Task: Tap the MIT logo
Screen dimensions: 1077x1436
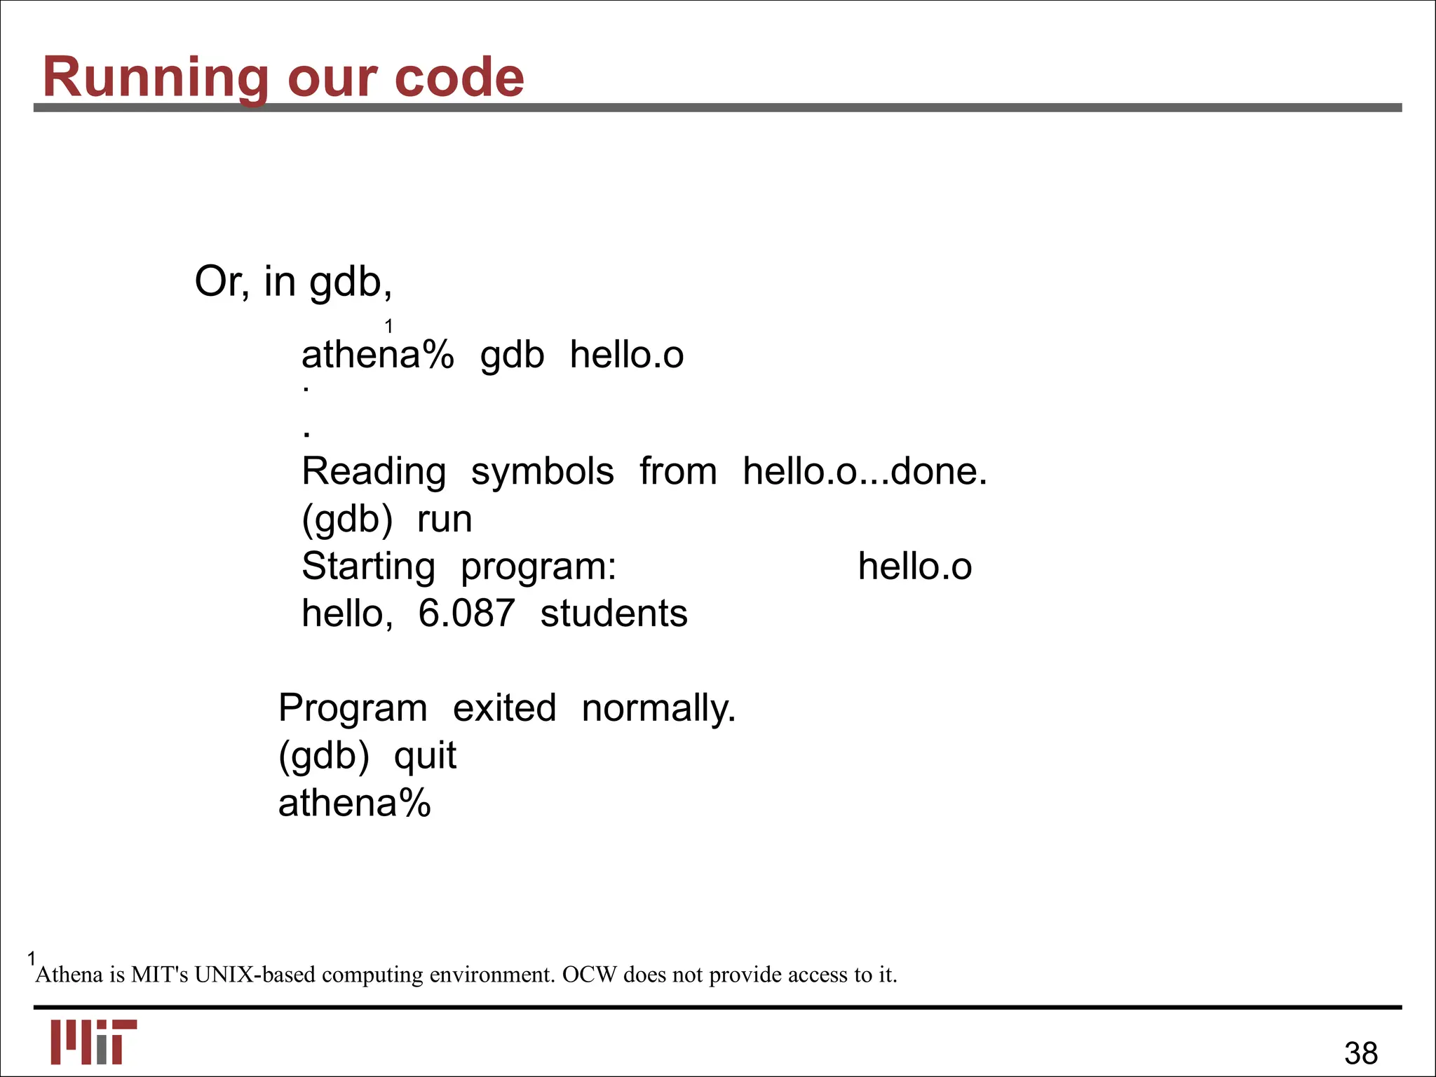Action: coord(93,1041)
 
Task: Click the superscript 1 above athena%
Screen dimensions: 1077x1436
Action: coord(388,326)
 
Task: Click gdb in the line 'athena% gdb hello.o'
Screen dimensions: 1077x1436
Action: coord(512,355)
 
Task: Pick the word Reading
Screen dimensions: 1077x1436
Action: coord(374,471)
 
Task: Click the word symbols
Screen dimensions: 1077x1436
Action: coord(542,471)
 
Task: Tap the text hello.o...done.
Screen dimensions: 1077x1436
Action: coord(865,471)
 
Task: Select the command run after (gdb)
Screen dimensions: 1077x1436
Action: coord(445,520)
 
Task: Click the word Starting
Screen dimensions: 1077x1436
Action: coord(368,567)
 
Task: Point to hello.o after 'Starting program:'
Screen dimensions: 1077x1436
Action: coord(914,567)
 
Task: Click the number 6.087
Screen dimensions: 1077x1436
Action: coord(466,614)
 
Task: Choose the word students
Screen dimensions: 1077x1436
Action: coord(614,614)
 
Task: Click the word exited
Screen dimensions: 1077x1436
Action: coord(504,708)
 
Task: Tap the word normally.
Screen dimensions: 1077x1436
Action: coord(658,708)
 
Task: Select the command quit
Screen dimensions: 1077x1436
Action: coord(425,756)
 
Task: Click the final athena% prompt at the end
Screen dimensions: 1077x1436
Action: coord(354,803)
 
